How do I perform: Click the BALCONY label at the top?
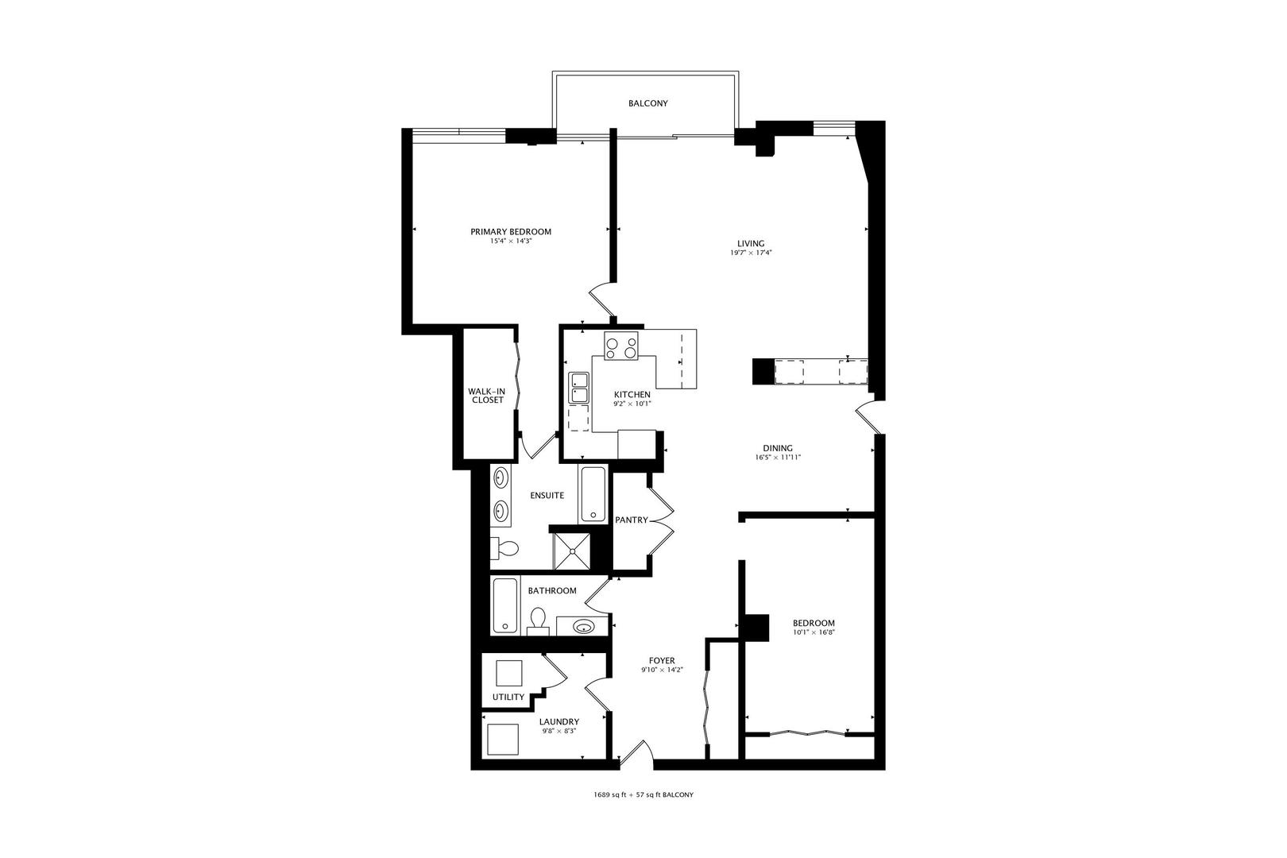tap(647, 103)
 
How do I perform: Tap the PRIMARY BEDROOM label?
tap(510, 232)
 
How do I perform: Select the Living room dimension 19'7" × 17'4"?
tap(751, 253)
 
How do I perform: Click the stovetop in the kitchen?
tap(620, 346)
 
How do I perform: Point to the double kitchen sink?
tap(578, 388)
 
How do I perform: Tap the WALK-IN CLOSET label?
tap(487, 396)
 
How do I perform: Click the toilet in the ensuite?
tap(504, 548)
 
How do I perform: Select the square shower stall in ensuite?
tap(572, 551)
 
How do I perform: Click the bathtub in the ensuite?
tap(593, 494)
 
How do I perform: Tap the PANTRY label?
tap(631, 520)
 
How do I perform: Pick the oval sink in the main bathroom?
tap(584, 626)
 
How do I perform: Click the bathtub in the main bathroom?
tap(505, 605)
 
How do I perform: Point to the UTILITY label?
tap(508, 697)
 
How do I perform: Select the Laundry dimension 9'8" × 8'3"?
tap(558, 731)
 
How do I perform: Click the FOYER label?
tap(662, 660)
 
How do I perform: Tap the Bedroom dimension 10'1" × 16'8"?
tap(814, 632)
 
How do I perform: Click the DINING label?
tap(778, 448)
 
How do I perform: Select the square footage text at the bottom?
tap(643, 794)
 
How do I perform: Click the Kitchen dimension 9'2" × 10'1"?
tap(632, 404)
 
